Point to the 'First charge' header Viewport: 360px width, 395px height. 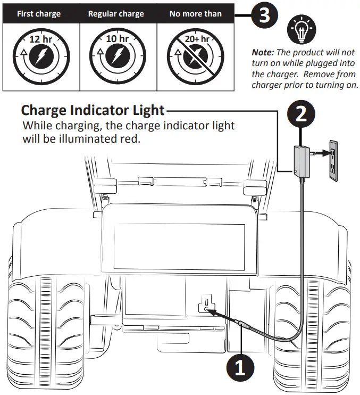[39, 14]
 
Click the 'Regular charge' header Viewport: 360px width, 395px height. [116, 14]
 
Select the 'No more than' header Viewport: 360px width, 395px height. [195, 14]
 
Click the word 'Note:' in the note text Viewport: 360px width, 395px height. [264, 53]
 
